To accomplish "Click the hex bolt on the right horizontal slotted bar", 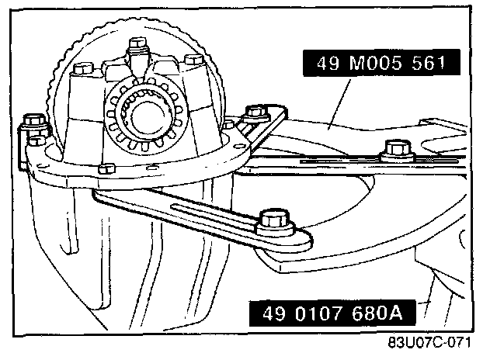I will [x=396, y=147].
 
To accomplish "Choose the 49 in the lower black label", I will [x=271, y=314].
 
